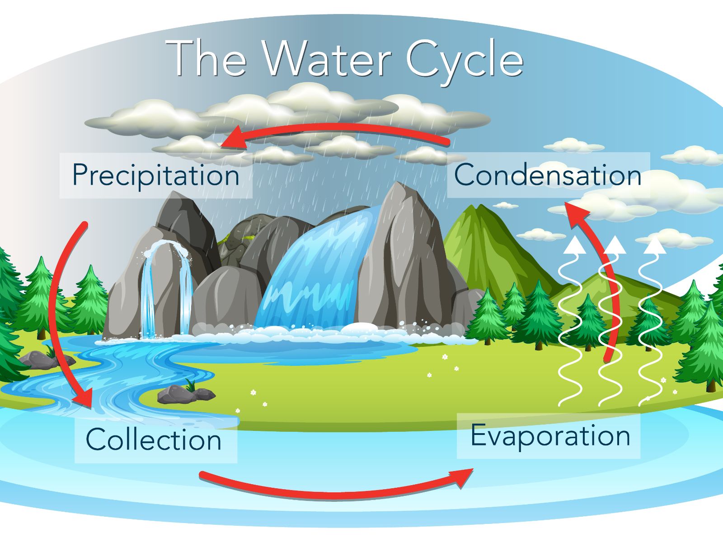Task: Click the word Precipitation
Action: click(156, 175)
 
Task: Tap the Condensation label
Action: click(548, 175)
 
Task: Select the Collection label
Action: click(154, 439)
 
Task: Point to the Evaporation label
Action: click(550, 436)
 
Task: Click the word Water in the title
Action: click(328, 59)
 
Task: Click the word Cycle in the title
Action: click(465, 62)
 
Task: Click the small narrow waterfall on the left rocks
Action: click(166, 290)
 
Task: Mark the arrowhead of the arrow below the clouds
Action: click(232, 138)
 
